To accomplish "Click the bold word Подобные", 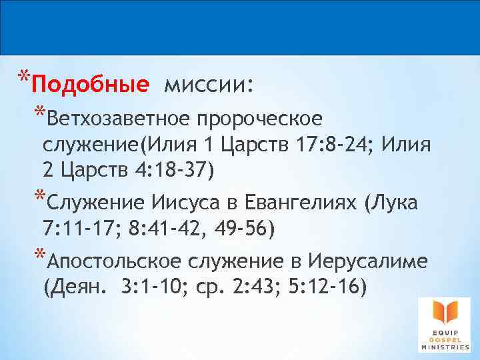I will pyautogui.click(x=89, y=85).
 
